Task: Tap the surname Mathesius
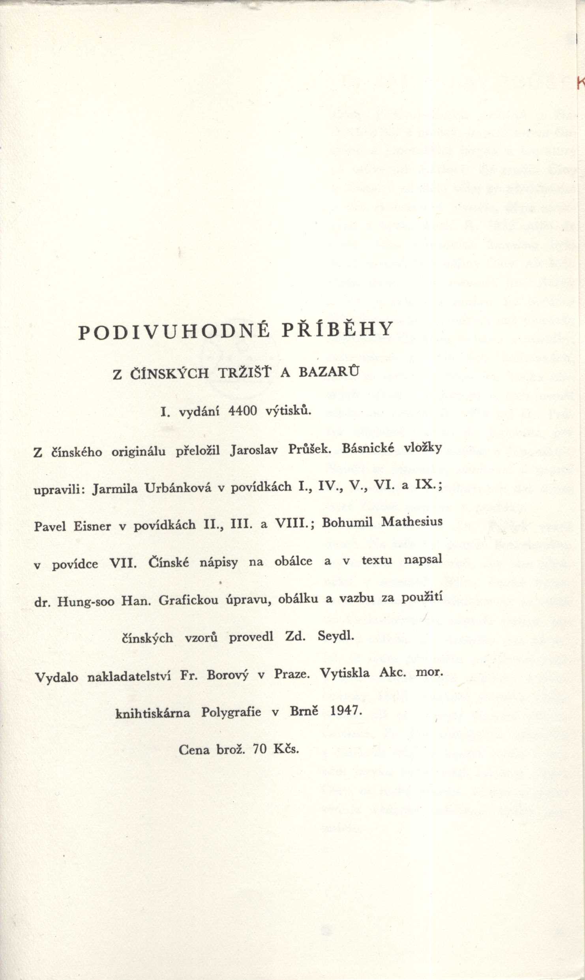click(x=412, y=522)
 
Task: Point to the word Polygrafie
click(x=231, y=712)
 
